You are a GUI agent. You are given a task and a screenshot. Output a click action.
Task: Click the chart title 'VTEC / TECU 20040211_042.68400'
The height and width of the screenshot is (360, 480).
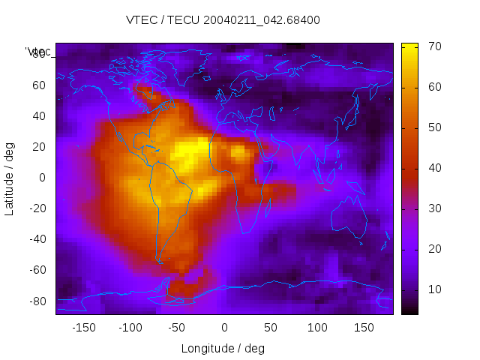coord(223,20)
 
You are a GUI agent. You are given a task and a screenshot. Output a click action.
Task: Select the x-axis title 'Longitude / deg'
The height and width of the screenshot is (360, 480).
coord(223,348)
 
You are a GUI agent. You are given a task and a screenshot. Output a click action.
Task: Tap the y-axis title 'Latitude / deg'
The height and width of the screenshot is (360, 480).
coord(10,178)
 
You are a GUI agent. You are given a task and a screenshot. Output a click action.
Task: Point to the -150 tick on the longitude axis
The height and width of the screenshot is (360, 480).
coord(84,328)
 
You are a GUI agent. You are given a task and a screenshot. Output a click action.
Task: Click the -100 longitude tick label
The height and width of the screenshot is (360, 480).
coord(130,328)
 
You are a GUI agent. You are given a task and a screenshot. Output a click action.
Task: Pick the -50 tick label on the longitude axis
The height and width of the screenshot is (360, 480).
coord(177,328)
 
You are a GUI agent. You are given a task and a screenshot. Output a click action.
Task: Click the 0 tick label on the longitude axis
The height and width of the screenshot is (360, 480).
coord(224,328)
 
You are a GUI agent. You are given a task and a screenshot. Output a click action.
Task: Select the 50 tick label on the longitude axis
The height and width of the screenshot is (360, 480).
coord(271,328)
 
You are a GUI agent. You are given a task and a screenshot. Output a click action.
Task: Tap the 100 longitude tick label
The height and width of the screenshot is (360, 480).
coord(317,328)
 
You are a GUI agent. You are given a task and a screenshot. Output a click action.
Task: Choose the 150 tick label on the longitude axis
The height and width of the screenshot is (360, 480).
coord(364,328)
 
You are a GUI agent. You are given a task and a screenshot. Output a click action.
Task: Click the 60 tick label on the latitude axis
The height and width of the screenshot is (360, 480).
coord(38,85)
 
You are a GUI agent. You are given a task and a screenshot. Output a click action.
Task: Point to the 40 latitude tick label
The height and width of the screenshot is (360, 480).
coord(38,115)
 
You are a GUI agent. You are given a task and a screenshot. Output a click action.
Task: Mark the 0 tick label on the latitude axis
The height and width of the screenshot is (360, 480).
coord(42,178)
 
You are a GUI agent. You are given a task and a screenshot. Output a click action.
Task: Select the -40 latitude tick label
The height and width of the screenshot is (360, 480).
coord(36,239)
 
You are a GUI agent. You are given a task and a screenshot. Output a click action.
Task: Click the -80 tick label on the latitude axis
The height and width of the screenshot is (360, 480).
coord(36,301)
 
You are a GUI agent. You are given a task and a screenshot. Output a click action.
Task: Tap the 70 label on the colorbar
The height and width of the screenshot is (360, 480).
coord(412,46)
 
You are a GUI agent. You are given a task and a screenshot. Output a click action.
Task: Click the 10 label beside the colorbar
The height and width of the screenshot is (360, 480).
coord(412,289)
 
